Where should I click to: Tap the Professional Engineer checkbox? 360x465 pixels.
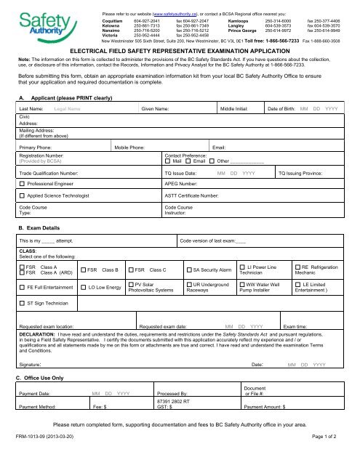pos(23,185)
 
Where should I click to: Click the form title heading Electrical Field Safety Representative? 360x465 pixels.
pos(179,52)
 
